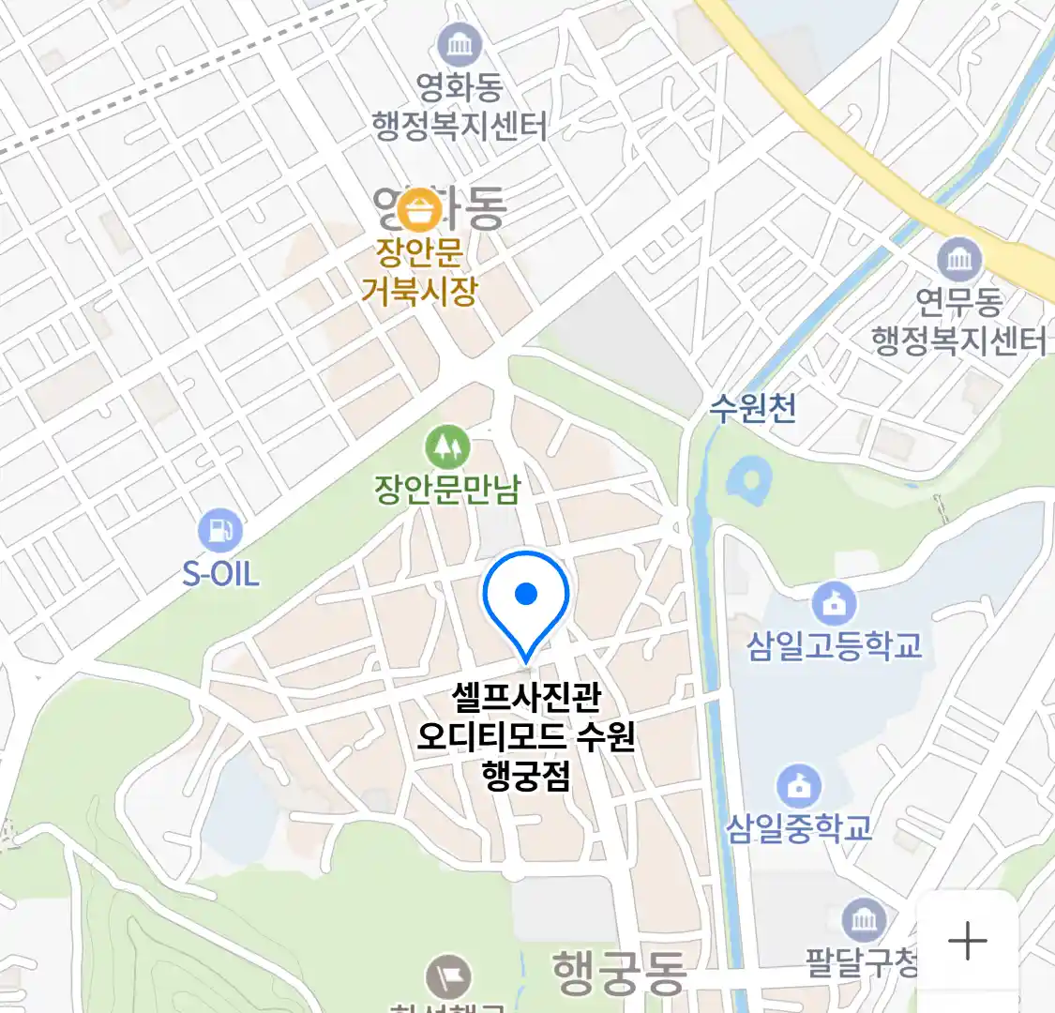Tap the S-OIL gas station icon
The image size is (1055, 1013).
pos(219,531)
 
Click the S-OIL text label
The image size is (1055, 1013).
pos(220,573)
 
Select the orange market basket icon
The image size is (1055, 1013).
pos(419,210)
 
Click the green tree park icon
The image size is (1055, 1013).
pos(447,446)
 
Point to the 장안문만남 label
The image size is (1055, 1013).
pos(446,489)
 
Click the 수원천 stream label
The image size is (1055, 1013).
pos(752,408)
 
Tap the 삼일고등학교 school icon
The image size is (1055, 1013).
pos(834,603)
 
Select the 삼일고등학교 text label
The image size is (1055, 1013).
pos(834,645)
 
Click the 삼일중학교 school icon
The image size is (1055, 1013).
pos(799,787)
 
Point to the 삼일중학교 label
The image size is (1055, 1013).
pos(799,828)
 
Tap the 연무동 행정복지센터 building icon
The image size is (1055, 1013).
pos(959,259)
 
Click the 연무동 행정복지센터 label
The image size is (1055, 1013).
pos(958,321)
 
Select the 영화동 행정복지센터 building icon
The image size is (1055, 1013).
pos(460,45)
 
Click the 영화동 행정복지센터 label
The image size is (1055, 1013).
pos(460,107)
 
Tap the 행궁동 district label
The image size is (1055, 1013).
pos(619,972)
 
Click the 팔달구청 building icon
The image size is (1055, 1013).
pos(864,920)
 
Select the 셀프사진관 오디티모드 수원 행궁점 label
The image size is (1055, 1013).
pos(526,736)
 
